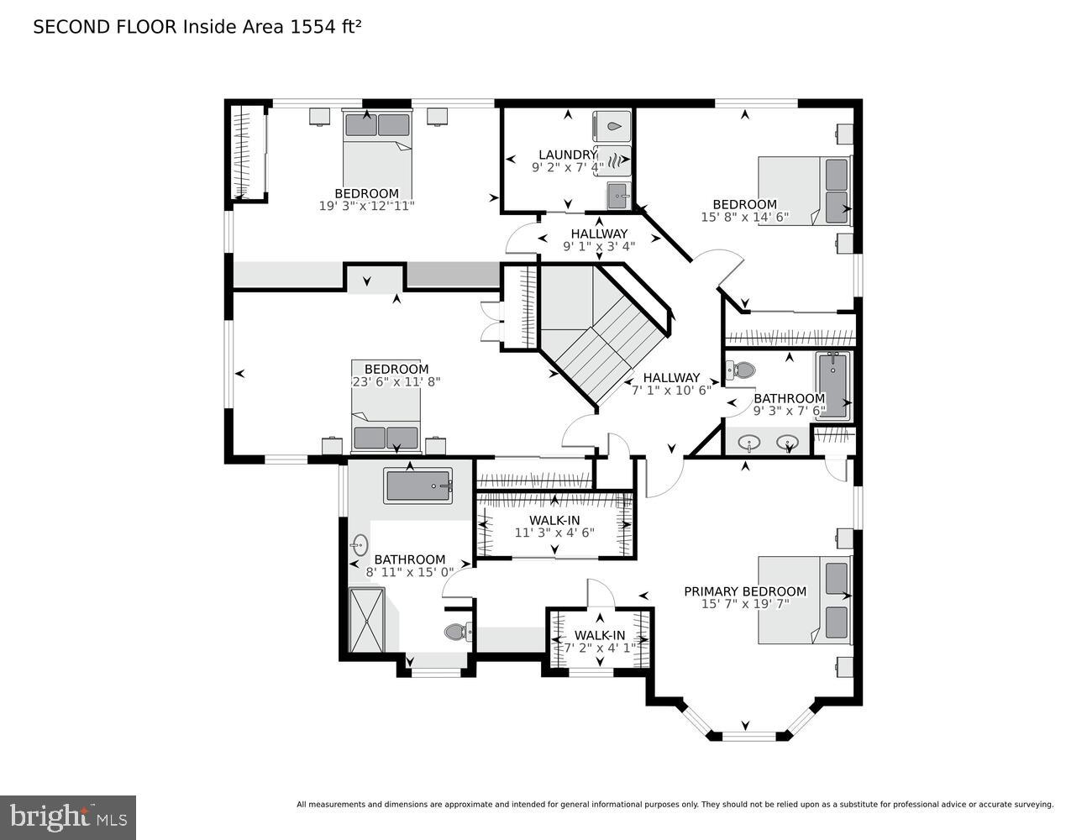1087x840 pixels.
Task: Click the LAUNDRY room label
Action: coord(566,155)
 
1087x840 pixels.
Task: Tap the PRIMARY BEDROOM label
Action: coord(744,591)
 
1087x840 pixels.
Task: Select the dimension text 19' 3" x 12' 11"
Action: coord(366,205)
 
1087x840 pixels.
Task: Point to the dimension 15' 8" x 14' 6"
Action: coord(744,217)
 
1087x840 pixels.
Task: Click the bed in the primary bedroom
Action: coord(805,600)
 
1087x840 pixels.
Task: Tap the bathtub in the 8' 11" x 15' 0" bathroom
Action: coord(418,486)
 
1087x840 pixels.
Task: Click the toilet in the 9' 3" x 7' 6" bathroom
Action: coord(742,370)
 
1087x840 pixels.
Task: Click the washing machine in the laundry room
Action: coord(612,126)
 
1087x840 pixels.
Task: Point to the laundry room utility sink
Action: coord(619,195)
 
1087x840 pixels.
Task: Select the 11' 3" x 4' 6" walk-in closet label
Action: coord(554,526)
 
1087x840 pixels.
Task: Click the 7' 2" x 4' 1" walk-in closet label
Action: coord(600,642)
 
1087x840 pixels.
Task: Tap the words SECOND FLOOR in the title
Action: coord(106,27)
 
